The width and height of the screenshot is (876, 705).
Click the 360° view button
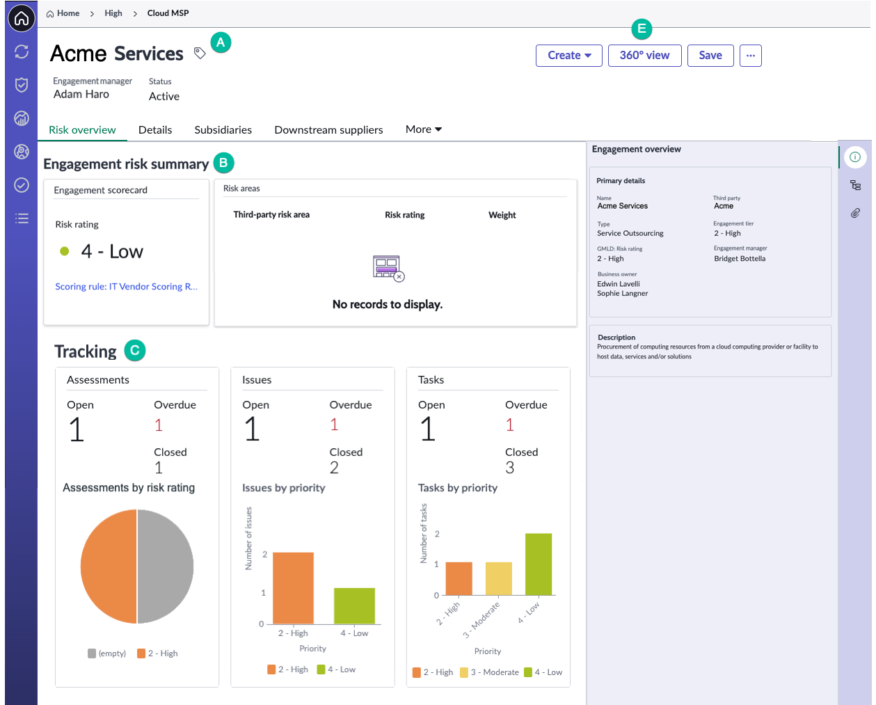point(644,56)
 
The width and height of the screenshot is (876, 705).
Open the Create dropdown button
point(568,56)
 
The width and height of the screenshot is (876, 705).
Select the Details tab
point(155,129)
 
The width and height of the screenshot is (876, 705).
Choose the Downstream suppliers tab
point(328,129)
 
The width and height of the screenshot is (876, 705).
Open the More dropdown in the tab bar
point(423,129)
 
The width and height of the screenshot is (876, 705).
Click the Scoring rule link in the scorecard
point(126,286)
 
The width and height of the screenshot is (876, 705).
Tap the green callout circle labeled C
point(135,350)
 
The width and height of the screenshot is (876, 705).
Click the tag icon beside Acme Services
point(200,53)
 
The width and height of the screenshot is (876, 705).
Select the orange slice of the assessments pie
point(109,566)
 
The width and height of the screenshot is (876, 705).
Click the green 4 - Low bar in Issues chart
point(354,605)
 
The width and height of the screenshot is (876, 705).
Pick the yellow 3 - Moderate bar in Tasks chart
point(499,578)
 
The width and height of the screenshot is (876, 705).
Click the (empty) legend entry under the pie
point(107,653)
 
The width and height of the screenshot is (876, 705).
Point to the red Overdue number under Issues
point(334,425)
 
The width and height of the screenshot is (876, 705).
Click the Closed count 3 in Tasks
point(509,468)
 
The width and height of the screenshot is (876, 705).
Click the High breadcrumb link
point(113,13)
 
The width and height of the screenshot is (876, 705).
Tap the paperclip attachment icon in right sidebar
point(855,213)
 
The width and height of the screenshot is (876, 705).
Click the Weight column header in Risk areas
point(502,215)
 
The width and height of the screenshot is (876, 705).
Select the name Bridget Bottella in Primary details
point(740,259)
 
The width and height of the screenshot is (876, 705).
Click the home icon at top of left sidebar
point(21,18)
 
